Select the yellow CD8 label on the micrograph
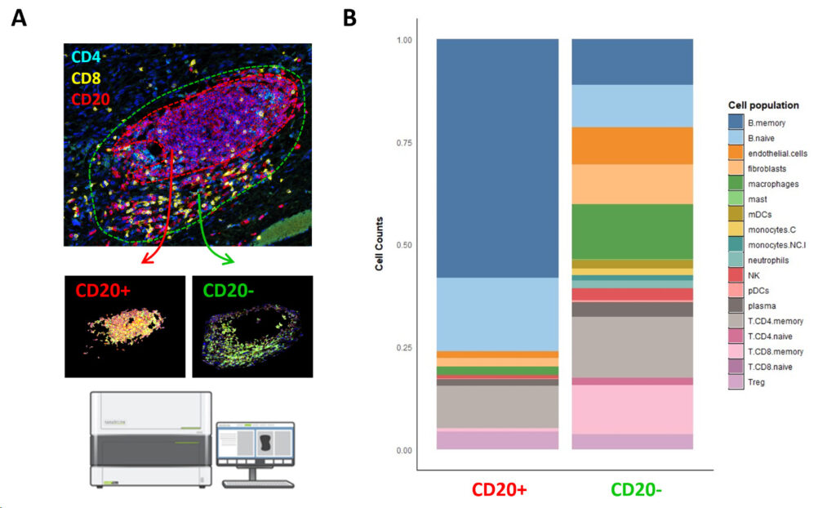click(87, 78)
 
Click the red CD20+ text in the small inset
click(104, 289)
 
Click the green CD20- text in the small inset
click(228, 289)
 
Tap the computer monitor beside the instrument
click(256, 445)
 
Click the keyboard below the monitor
click(256, 483)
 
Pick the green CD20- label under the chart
click(631, 492)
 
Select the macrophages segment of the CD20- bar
click(632, 231)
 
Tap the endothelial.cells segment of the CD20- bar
click(632, 145)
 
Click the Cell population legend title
click(763, 105)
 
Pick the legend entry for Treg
click(756, 382)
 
